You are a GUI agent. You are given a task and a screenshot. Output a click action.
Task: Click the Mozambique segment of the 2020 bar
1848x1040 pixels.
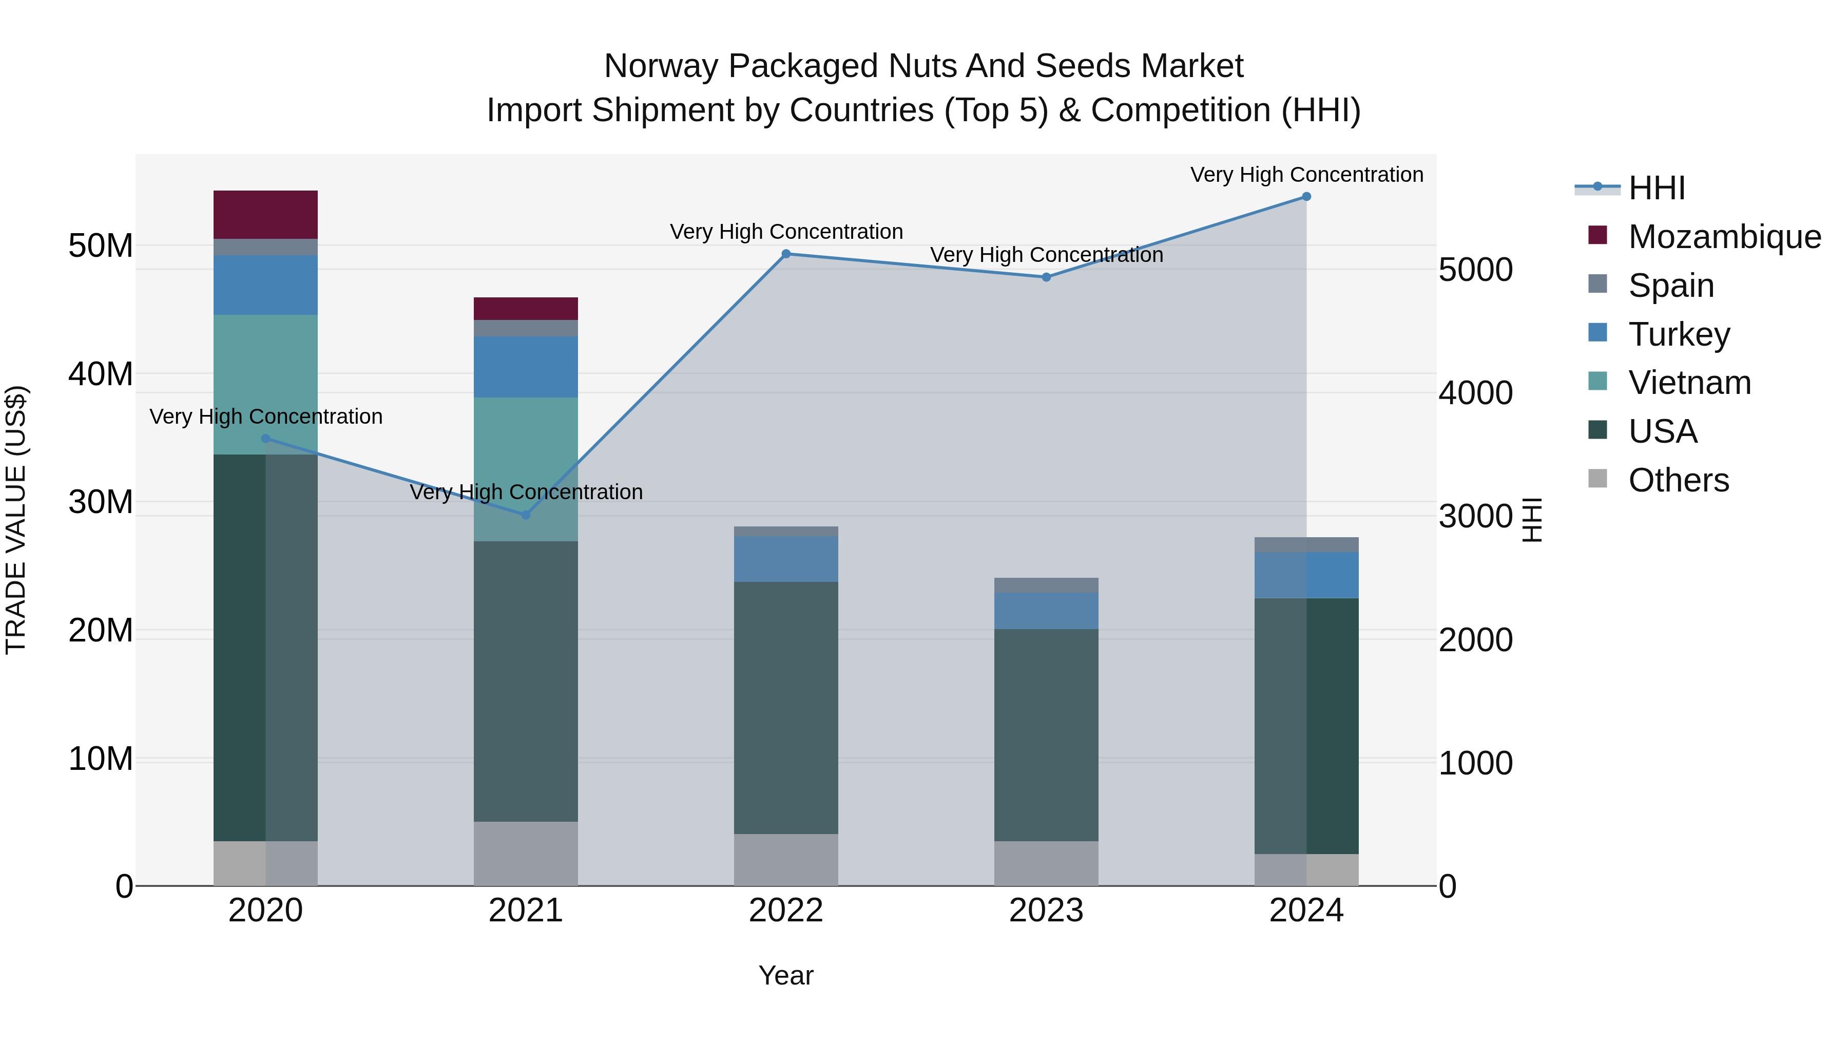pyautogui.click(x=265, y=215)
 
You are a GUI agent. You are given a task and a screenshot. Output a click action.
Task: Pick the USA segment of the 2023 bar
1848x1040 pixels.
pyautogui.click(x=1046, y=734)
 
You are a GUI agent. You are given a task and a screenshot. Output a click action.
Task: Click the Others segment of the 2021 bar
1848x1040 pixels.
pyautogui.click(x=526, y=854)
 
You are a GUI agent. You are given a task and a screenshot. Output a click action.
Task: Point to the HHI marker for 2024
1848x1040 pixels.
pyautogui.click(x=1306, y=197)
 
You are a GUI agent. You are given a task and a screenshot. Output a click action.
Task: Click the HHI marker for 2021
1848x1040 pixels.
pyautogui.click(x=526, y=515)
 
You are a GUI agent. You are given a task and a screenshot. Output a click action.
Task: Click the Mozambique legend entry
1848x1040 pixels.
pyautogui.click(x=1724, y=237)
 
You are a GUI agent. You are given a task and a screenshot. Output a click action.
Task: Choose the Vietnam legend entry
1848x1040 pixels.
pyautogui.click(x=1689, y=383)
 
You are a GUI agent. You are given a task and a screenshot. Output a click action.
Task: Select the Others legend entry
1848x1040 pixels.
pyautogui.click(x=1678, y=480)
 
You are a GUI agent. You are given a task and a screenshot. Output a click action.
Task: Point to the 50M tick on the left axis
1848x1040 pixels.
pyautogui.click(x=101, y=246)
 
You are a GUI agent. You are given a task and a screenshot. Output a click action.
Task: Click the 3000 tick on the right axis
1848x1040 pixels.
pyautogui.click(x=1476, y=516)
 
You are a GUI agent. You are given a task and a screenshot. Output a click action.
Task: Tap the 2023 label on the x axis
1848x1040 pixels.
pyautogui.click(x=1046, y=911)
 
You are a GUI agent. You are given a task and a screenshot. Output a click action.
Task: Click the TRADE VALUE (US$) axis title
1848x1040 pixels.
pyautogui.click(x=16, y=520)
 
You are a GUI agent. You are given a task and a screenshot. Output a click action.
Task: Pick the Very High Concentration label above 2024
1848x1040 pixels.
pyautogui.click(x=1306, y=175)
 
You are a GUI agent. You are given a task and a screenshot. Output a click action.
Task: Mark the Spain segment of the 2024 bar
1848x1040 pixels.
pyautogui.click(x=1306, y=545)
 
